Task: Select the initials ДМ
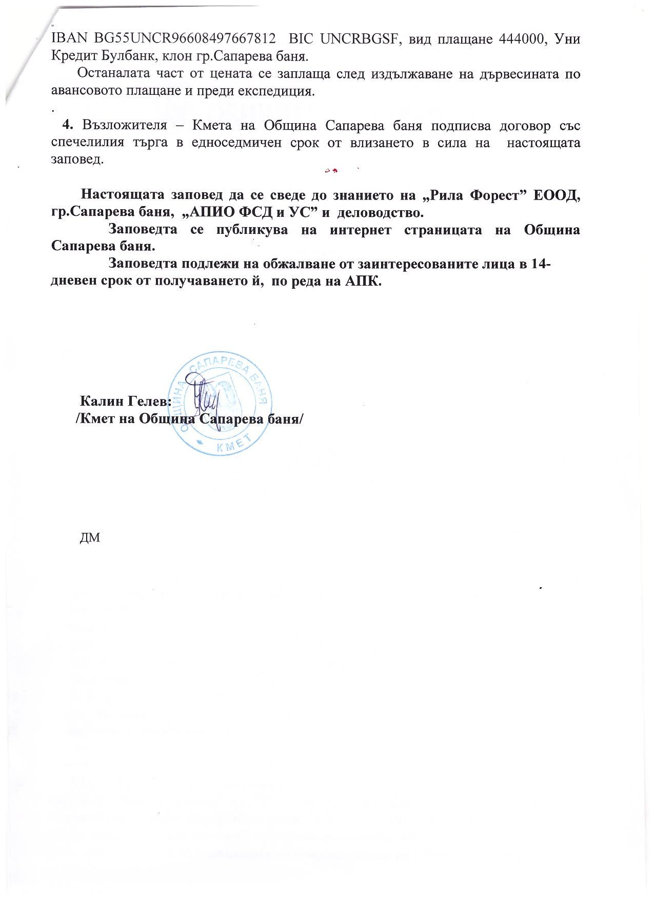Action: (x=90, y=537)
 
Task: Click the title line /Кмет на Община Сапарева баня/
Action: (x=189, y=418)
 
